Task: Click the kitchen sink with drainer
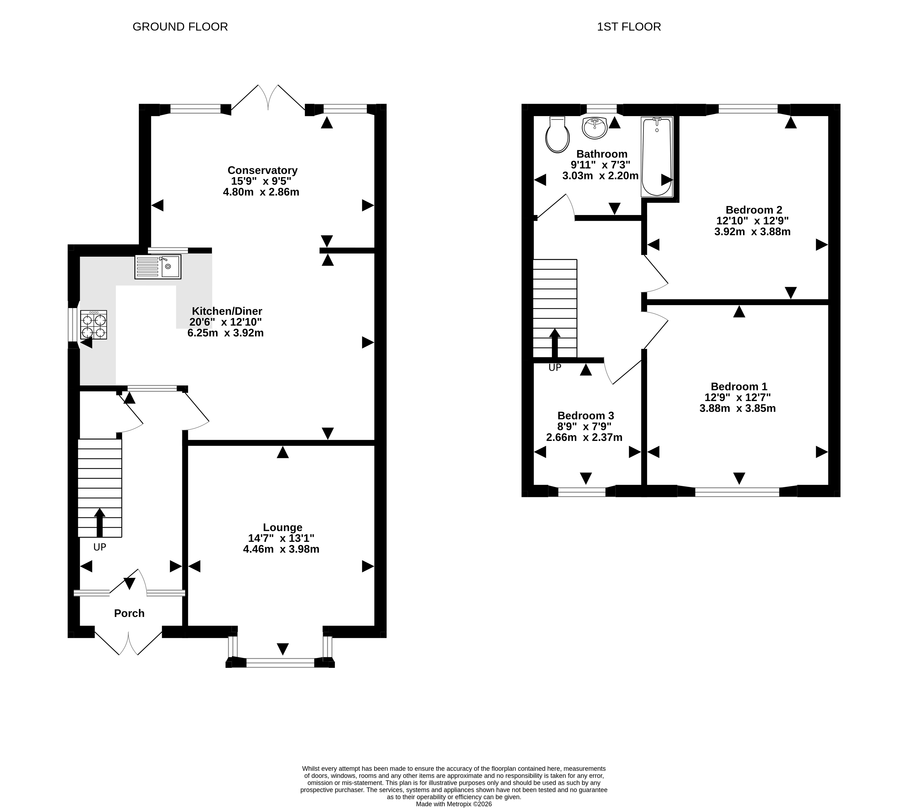pyautogui.click(x=158, y=267)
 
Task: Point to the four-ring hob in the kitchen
pyautogui.click(x=94, y=325)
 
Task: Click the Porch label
pyautogui.click(x=129, y=613)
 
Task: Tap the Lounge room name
pyautogui.click(x=282, y=527)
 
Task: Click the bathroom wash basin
pyautogui.click(x=594, y=128)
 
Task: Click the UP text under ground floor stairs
pyautogui.click(x=99, y=547)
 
